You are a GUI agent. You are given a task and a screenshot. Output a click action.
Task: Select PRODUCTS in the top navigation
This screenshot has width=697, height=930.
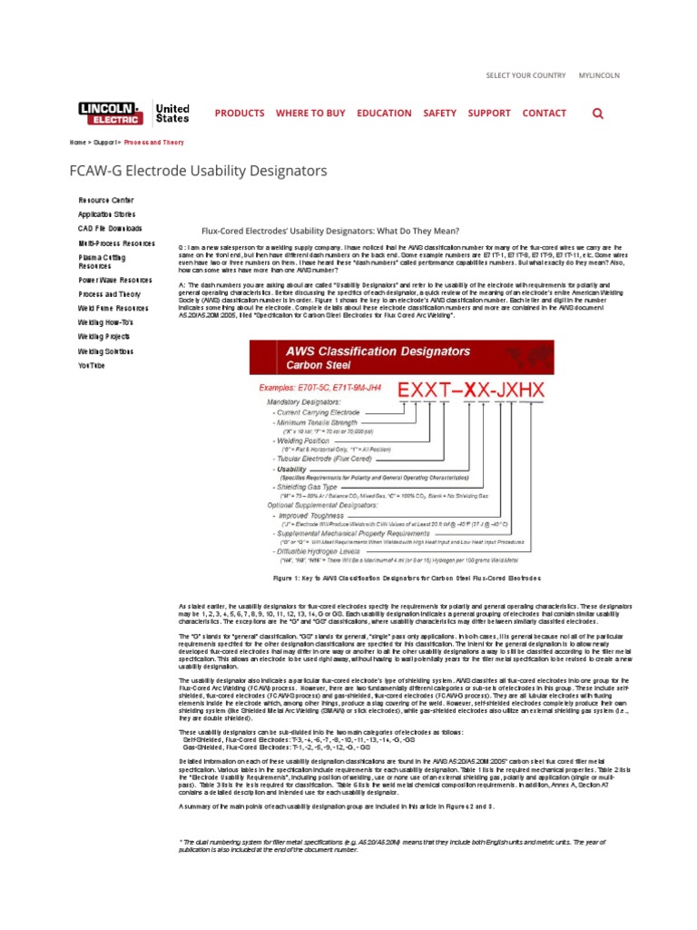point(240,114)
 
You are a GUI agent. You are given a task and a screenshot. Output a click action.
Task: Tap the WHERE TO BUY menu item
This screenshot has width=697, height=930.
point(310,114)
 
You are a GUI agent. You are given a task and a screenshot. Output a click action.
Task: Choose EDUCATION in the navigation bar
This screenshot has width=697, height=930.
point(384,114)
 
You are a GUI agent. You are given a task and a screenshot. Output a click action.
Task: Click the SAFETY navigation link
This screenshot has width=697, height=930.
point(440,114)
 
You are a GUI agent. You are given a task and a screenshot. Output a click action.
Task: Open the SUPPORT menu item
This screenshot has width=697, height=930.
point(489,114)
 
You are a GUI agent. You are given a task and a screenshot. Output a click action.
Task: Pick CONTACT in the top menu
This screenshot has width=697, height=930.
point(545,114)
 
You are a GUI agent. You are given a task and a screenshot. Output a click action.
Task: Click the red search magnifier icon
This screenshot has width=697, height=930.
point(597,114)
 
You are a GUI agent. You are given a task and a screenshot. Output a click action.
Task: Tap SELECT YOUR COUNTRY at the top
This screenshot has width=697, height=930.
point(525,75)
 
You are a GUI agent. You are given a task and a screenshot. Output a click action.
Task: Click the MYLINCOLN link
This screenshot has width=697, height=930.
point(599,75)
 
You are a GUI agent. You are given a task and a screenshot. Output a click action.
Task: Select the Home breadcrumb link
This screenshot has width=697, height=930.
point(78,143)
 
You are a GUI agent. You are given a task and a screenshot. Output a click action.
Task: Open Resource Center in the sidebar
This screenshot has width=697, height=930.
point(106,199)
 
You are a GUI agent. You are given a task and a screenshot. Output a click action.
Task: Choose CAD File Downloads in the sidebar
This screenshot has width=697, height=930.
point(110,229)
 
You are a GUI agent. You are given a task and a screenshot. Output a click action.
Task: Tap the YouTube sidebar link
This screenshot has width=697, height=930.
point(92,365)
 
